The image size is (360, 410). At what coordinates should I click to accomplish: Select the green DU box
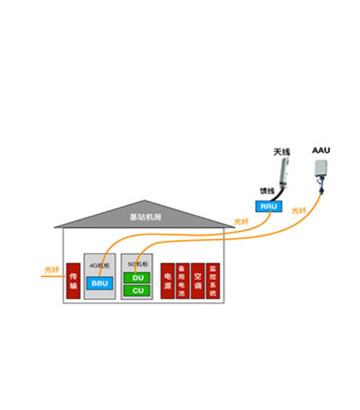137,278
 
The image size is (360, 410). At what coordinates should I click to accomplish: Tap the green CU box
137,291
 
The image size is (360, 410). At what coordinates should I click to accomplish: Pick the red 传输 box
73,281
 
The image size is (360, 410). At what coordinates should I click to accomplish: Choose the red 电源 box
167,281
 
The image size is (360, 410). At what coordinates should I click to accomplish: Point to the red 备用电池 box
182,281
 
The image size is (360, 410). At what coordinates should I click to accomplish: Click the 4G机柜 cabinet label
97,264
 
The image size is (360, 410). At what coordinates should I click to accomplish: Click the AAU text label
321,150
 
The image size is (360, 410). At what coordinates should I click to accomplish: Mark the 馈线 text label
267,191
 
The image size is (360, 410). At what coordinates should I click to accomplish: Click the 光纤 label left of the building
52,270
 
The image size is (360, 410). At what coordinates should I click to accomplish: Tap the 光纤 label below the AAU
299,211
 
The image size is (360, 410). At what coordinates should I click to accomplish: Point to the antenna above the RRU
282,173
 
